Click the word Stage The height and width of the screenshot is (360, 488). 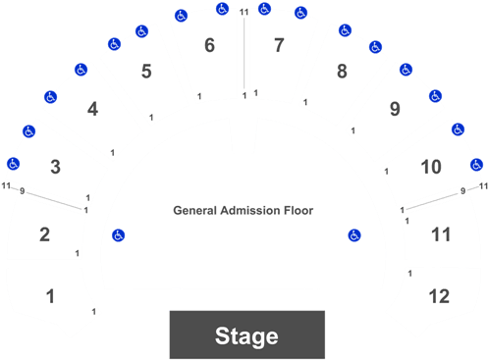pos(246,336)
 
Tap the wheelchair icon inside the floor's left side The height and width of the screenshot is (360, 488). pos(118,234)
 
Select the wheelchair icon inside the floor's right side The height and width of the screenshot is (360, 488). pos(353,234)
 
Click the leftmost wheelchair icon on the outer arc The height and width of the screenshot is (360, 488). pos(13,164)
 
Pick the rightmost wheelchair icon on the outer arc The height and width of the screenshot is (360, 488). pos(477,165)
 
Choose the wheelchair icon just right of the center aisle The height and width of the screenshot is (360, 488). pos(264,9)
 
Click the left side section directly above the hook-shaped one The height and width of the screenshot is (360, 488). pos(46,228)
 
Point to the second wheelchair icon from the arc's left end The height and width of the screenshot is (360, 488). pos(29,131)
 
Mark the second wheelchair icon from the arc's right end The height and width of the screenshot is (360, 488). pos(458,129)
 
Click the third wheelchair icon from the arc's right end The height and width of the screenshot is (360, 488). pos(436,96)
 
